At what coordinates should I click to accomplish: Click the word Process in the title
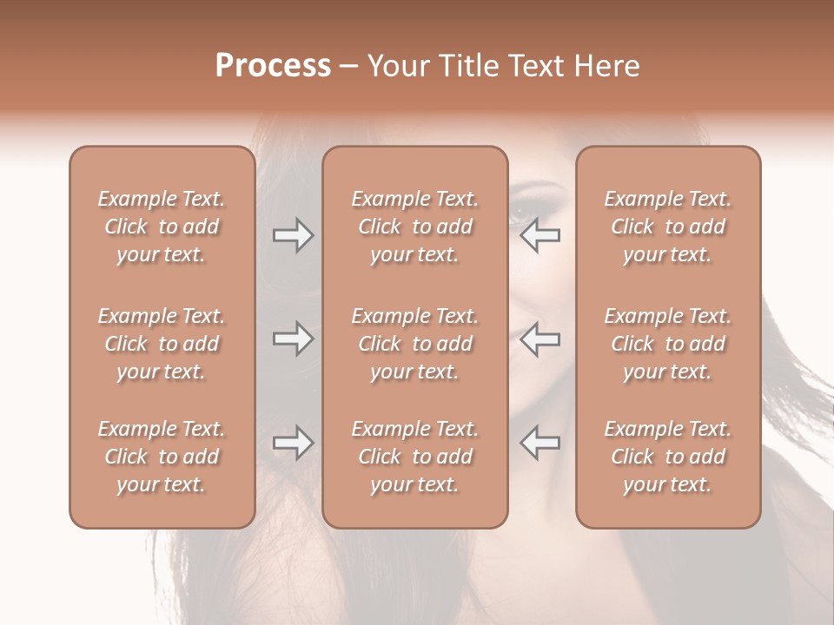click(x=273, y=66)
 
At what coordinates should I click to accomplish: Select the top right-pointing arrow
click(x=293, y=235)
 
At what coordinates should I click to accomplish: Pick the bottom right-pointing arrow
click(x=293, y=443)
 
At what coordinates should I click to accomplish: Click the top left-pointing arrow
click(x=540, y=235)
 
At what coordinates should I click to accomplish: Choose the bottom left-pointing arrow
click(x=540, y=443)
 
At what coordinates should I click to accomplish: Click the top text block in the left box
click(x=162, y=227)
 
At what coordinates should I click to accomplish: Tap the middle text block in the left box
click(x=162, y=344)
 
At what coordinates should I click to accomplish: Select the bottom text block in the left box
click(x=162, y=457)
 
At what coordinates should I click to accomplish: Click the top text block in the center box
click(x=415, y=227)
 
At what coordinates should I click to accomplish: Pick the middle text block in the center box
click(x=415, y=344)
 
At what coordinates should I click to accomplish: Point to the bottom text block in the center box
click(x=415, y=457)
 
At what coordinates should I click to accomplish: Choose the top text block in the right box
click(x=668, y=227)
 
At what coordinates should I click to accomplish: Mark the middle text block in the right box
click(x=668, y=344)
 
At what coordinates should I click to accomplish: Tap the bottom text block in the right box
click(x=668, y=457)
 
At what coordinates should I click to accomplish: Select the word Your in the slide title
click(x=397, y=66)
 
